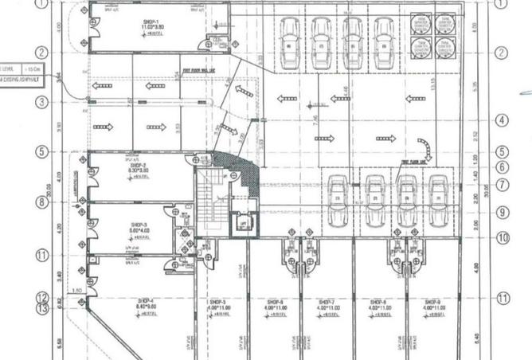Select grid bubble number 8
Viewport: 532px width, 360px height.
(42, 202)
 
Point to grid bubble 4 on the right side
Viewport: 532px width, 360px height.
(501, 120)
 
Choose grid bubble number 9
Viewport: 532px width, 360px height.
(501, 213)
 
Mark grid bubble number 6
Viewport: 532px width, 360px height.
(501, 167)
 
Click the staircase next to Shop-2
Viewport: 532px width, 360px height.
(212, 195)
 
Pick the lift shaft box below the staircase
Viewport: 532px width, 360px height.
(241, 224)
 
